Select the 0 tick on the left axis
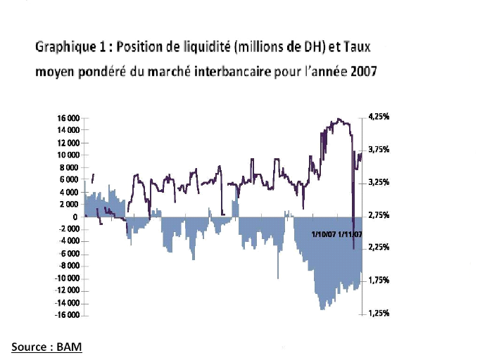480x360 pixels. (75, 217)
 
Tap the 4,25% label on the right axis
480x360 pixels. (379, 117)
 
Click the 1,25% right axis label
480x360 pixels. (379, 314)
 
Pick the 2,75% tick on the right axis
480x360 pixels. (379, 215)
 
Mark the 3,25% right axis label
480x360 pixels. (379, 182)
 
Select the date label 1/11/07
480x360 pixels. (350, 234)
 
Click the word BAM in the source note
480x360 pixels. (70, 347)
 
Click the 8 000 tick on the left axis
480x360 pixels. (69, 167)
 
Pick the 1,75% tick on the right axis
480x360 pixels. (379, 281)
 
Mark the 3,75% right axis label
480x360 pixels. (379, 149)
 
